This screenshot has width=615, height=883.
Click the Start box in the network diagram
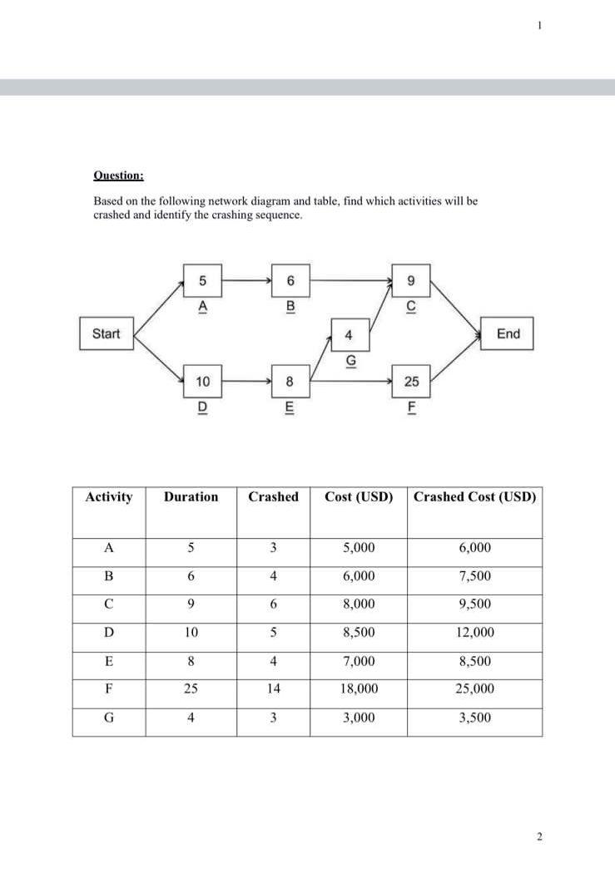[x=106, y=334]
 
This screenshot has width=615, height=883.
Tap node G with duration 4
[x=350, y=337]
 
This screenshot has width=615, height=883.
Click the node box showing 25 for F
[x=411, y=382]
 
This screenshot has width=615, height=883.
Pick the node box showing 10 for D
[x=202, y=382]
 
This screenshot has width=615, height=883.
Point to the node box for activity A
[x=202, y=280]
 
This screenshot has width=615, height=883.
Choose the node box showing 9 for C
[x=411, y=280]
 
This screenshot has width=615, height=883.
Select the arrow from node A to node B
[x=245, y=280]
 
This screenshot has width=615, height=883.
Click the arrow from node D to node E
[x=245, y=382]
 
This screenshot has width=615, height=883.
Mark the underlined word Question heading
[x=118, y=175]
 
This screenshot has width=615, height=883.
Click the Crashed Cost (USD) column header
[x=474, y=497]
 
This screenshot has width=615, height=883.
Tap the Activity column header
[x=108, y=497]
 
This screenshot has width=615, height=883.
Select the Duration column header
[x=191, y=497]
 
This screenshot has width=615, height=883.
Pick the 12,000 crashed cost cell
[x=474, y=633]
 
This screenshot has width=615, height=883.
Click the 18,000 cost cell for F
[x=359, y=688]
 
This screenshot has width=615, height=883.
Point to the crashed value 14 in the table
[x=273, y=688]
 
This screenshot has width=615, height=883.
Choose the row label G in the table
[x=108, y=718]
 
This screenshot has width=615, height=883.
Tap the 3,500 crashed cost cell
[x=474, y=718]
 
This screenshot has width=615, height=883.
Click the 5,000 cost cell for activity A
[x=359, y=548]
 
